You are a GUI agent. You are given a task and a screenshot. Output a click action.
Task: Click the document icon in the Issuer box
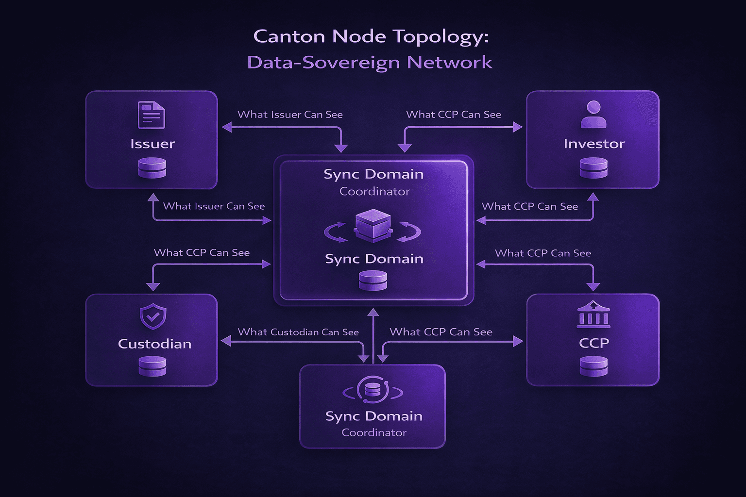point(152,115)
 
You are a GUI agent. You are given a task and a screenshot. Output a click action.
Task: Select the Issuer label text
point(153,144)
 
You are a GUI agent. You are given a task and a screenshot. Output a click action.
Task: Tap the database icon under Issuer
point(152,168)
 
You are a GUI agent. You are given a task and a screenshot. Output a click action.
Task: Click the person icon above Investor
point(593,115)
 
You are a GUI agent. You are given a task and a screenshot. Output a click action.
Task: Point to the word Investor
point(594,144)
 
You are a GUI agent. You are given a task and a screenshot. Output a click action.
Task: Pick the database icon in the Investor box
point(593,168)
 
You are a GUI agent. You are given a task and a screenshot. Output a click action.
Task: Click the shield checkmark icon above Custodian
point(153,317)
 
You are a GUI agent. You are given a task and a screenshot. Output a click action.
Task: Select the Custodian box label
point(154,344)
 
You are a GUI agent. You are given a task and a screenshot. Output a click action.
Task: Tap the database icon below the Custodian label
point(153,366)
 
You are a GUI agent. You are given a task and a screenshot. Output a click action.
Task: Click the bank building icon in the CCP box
point(593,314)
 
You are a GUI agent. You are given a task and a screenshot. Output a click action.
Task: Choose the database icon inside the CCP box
point(593,366)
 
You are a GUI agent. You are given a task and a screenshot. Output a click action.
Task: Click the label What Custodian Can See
point(298,332)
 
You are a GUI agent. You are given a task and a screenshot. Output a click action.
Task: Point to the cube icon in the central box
point(373,226)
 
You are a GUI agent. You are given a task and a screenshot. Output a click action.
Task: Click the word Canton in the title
point(289,36)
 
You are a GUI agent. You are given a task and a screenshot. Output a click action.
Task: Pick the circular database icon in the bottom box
point(373,390)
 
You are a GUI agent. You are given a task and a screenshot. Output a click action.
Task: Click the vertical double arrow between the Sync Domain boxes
point(373,335)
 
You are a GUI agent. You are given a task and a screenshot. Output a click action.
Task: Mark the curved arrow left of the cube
point(335,232)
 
